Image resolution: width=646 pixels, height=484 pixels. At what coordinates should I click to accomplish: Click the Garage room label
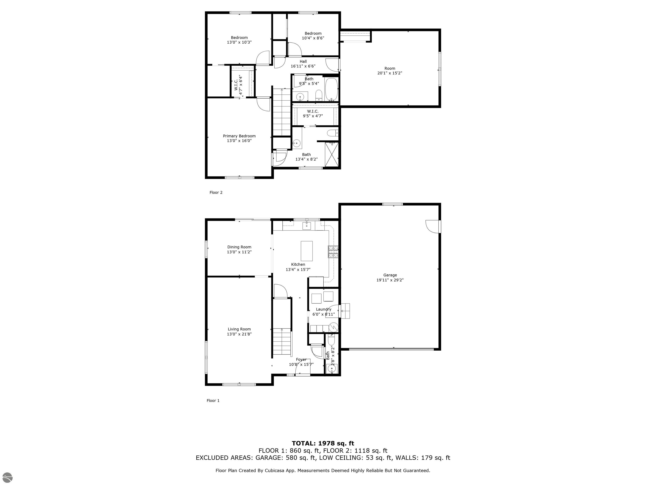point(390,275)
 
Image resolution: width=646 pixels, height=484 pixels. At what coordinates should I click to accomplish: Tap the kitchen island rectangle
point(307,251)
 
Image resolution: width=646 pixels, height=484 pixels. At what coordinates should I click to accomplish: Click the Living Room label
point(239,329)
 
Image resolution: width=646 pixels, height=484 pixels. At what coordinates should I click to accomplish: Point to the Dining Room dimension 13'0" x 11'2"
point(239,252)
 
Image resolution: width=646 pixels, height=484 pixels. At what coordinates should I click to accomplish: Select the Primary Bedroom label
point(239,136)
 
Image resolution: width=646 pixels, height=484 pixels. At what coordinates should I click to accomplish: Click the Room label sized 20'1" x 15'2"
point(390,68)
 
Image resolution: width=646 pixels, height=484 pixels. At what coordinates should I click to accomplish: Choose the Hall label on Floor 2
point(303,62)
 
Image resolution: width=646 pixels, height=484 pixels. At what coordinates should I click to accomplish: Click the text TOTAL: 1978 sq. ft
point(323,444)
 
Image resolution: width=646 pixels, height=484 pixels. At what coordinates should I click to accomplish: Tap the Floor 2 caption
point(216,193)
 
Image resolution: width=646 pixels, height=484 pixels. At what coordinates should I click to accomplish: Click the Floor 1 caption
point(213,401)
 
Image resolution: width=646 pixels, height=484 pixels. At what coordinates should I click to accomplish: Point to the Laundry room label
point(324,309)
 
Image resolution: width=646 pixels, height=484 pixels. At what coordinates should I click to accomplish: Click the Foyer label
point(301,359)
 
